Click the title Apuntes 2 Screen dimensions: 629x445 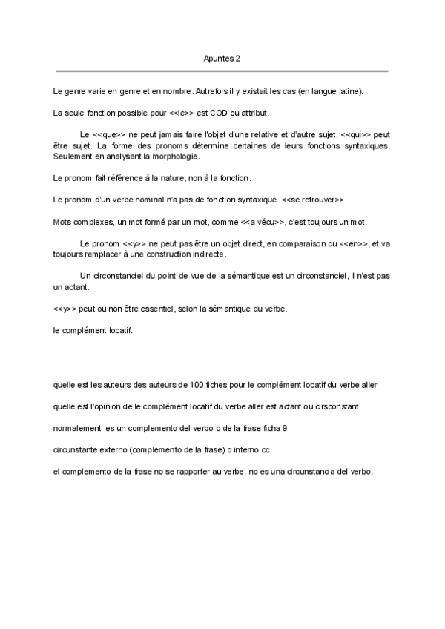coord(222,58)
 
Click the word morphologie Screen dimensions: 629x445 coord(182,157)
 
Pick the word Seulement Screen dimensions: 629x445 coord(72,157)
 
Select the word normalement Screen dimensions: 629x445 coord(77,428)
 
